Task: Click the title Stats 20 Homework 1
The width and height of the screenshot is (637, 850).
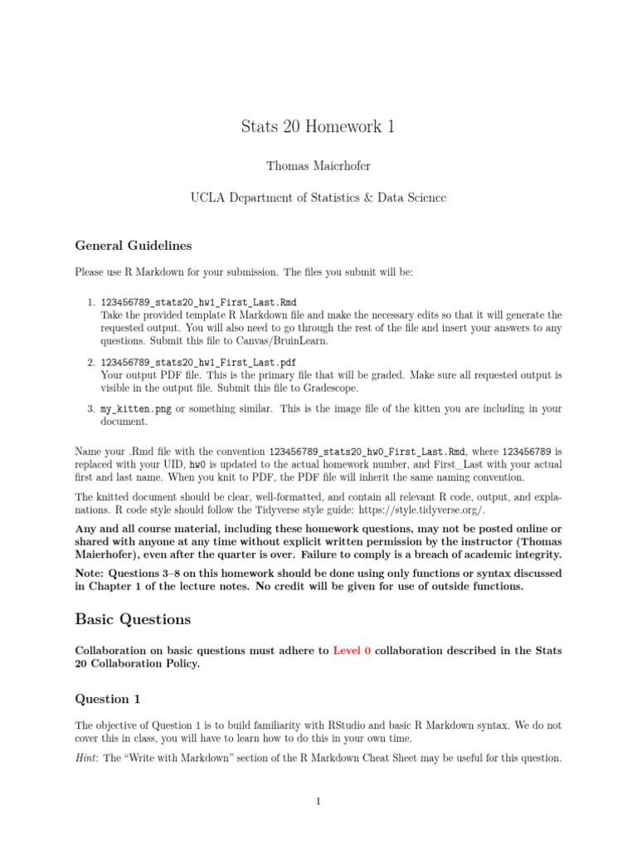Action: (318, 126)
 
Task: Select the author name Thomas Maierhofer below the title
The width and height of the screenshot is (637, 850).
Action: (318, 166)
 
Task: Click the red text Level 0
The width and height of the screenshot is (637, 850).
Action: (352, 651)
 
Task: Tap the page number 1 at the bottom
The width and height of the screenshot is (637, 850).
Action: (318, 801)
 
